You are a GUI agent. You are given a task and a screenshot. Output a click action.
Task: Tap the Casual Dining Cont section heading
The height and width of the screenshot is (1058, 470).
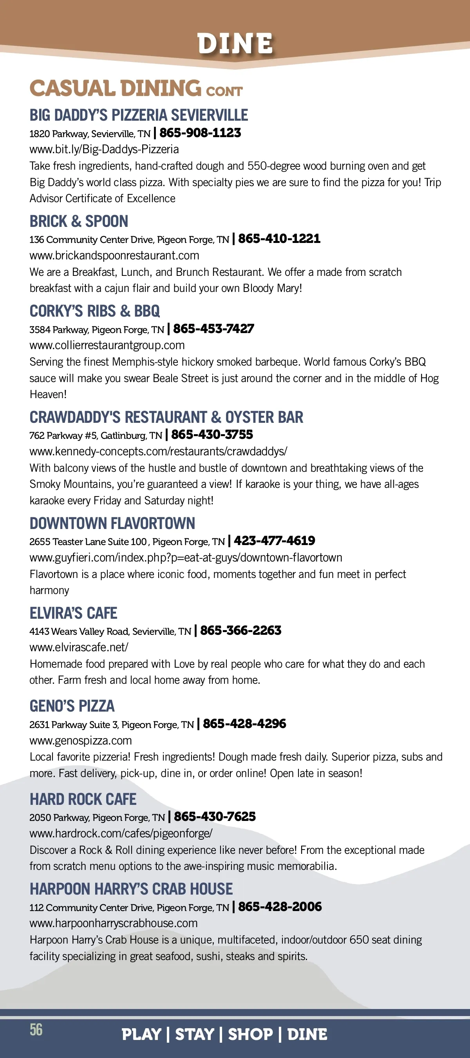tap(136, 88)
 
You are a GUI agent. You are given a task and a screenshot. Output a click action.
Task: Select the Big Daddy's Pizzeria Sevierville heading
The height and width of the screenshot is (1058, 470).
tap(139, 115)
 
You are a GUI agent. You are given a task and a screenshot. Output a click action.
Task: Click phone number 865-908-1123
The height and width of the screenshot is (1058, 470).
tap(200, 133)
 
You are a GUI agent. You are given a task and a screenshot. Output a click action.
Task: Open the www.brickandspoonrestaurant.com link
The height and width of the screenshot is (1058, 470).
tap(114, 255)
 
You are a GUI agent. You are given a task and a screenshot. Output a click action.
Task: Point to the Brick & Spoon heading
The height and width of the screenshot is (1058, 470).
tap(79, 221)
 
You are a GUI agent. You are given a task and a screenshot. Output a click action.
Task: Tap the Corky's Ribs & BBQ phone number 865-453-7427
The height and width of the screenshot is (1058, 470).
tap(213, 329)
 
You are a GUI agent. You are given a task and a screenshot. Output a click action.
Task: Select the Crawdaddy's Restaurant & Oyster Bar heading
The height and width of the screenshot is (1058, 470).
tap(166, 417)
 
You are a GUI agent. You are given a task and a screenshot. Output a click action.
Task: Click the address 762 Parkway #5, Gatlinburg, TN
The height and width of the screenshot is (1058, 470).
tap(96, 435)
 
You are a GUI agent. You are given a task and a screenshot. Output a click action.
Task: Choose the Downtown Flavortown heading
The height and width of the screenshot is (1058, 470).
tap(112, 523)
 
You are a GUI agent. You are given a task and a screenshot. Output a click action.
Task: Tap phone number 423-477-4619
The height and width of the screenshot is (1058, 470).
tap(274, 540)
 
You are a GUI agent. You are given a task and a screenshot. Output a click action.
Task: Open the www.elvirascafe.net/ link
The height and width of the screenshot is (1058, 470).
tap(79, 647)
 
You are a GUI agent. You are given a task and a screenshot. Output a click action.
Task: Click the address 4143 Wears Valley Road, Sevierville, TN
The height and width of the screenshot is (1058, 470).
tap(110, 631)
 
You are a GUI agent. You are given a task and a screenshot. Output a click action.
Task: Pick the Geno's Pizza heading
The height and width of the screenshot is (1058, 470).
tap(72, 706)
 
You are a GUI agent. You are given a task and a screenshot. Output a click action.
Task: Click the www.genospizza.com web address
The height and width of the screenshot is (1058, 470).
tap(80, 741)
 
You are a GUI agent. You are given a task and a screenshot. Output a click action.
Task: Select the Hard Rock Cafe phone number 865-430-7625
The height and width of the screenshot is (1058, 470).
tap(215, 817)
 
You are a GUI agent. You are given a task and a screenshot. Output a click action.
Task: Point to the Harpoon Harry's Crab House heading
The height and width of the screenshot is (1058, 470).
tap(131, 889)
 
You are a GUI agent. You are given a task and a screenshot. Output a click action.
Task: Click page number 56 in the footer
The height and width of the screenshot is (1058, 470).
tap(36, 1030)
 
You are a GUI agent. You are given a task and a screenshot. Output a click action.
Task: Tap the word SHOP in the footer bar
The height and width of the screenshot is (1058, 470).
tap(250, 1034)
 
